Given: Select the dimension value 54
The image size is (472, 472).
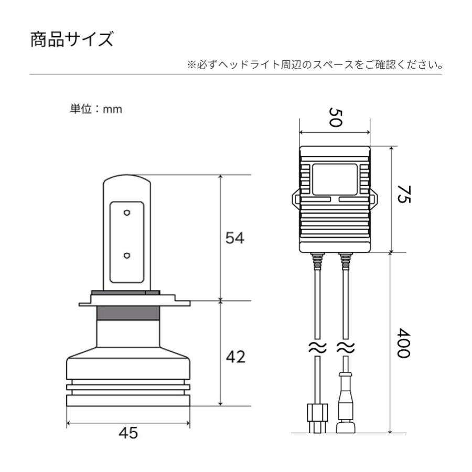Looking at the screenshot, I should click(234, 238).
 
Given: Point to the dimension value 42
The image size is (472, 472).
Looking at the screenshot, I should click(234, 358).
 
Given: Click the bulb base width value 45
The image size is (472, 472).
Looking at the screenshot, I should click(128, 433).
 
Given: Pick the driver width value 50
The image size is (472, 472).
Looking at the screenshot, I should click(335, 117).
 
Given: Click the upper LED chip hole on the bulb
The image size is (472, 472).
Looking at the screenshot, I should click(127, 213).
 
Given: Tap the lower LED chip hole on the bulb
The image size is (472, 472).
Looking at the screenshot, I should click(127, 255).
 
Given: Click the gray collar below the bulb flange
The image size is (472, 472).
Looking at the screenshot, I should click(128, 313).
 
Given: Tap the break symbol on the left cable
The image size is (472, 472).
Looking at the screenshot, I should click(317, 347).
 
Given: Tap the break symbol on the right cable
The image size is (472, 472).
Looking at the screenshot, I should click(346, 347).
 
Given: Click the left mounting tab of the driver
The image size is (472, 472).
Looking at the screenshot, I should click(295, 200).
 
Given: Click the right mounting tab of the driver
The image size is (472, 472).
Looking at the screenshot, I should click(375, 200).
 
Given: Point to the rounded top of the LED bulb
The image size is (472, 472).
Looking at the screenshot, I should click(127, 181).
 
